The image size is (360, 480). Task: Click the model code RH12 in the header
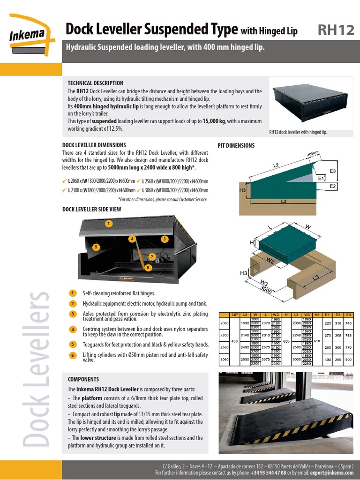coord(336,30)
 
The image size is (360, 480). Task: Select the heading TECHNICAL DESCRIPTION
coord(96,83)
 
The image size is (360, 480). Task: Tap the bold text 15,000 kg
coord(214,121)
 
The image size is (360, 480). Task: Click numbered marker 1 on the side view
coord(108,224)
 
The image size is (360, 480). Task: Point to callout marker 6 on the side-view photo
coord(148,268)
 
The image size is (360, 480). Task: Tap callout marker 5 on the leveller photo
coord(95,247)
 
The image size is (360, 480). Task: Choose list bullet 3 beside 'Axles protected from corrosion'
coord(73,314)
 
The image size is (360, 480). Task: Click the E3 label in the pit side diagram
coord(333,172)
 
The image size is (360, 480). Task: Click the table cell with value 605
coord(286,341)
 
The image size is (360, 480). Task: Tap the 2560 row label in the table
coord(224,348)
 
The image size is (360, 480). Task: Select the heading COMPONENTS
coord(83,379)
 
